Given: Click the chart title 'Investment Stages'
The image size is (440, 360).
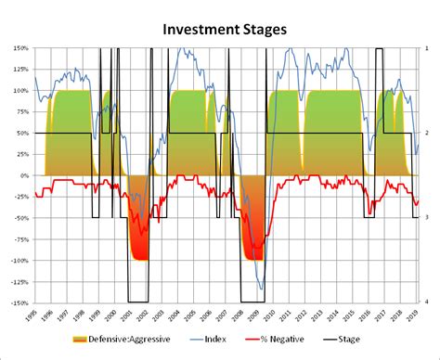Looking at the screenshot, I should (x=225, y=30).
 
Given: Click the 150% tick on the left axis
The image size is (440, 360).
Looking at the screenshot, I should (x=19, y=48).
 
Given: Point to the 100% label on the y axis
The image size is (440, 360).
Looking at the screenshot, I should (x=19, y=91).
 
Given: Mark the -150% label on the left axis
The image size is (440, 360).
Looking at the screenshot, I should (x=19, y=302).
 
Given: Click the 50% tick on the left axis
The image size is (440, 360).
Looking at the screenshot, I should (x=21, y=133).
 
